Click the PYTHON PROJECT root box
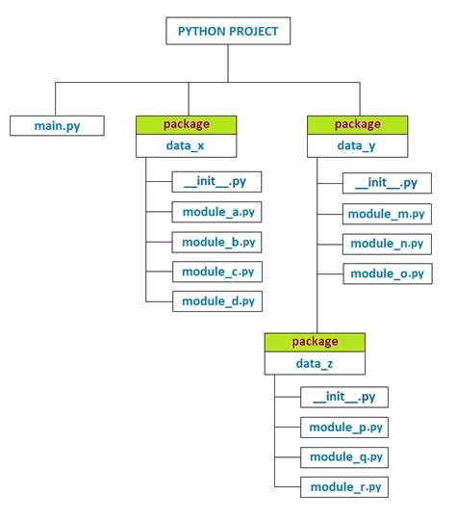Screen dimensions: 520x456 tap(228, 31)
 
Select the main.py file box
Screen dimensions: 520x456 tap(57, 126)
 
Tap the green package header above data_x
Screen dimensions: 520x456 tap(186, 124)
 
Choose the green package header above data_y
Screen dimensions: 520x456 tap(357, 124)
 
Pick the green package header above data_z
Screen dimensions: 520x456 tap(315, 342)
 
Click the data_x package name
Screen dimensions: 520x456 tap(186, 146)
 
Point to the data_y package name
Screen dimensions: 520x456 tap(357, 146)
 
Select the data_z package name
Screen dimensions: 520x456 tap(315, 364)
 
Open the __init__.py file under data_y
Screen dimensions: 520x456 tap(386, 183)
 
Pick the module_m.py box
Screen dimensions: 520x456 tap(386, 213)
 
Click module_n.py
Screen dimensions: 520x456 tap(386, 243)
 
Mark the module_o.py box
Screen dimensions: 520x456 tap(386, 273)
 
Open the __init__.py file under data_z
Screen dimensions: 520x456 tap(344, 397)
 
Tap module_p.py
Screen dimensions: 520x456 tap(344, 427)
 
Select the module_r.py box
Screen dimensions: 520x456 tap(344, 487)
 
